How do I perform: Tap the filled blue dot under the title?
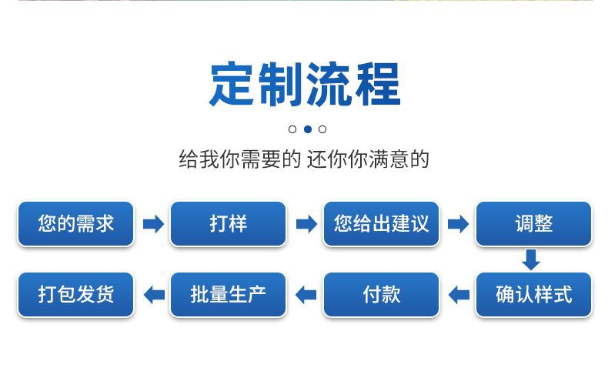[307, 129]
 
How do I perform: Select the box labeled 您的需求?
[75, 224]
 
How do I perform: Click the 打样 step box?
[228, 224]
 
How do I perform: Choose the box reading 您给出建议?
[381, 224]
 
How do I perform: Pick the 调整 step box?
[533, 224]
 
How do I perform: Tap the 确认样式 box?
[533, 295]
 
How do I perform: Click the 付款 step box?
[381, 295]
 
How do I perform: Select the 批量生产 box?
[228, 295]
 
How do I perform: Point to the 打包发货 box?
[75, 295]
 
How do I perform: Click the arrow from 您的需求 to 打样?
[153, 224]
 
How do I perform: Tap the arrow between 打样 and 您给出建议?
[306, 224]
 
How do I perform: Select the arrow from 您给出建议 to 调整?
[458, 224]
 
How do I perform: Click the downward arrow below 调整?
[531, 260]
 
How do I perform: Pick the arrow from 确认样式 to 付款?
[459, 295]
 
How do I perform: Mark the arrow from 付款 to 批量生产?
[306, 295]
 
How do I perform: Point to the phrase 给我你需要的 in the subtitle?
[239, 160]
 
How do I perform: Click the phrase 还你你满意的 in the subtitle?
[368, 160]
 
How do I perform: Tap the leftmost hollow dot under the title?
[292, 129]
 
